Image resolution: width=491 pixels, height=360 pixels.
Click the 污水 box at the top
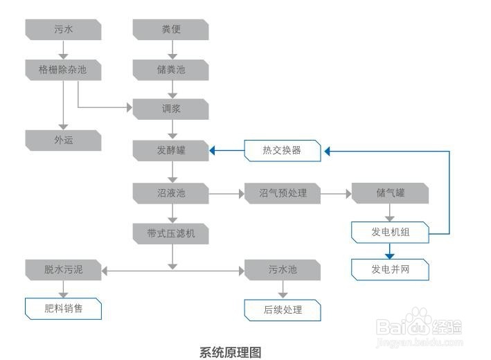point(63,30)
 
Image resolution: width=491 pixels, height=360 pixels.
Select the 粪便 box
point(171,30)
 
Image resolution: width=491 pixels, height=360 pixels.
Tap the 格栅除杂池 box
point(63,70)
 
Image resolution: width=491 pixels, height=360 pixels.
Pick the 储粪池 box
point(171,70)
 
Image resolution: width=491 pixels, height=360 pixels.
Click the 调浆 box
point(171,109)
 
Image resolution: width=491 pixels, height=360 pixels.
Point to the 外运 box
point(63,141)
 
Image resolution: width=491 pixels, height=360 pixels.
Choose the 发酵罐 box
point(171,150)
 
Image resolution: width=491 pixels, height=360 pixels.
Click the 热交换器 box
point(282,150)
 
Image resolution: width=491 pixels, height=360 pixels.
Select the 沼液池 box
point(171,193)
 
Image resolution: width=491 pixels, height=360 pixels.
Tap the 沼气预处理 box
point(282,193)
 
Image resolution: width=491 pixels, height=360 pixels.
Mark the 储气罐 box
point(391,193)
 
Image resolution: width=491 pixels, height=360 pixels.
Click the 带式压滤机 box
point(171,233)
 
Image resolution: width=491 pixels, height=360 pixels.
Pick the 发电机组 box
point(391,233)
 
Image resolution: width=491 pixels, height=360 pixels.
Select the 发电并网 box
point(391,269)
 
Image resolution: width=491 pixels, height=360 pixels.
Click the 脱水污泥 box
point(63,269)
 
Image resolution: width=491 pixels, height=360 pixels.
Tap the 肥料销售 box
point(63,309)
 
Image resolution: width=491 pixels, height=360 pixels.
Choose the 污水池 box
point(282,269)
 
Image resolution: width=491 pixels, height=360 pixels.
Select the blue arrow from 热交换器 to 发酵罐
point(226,150)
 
